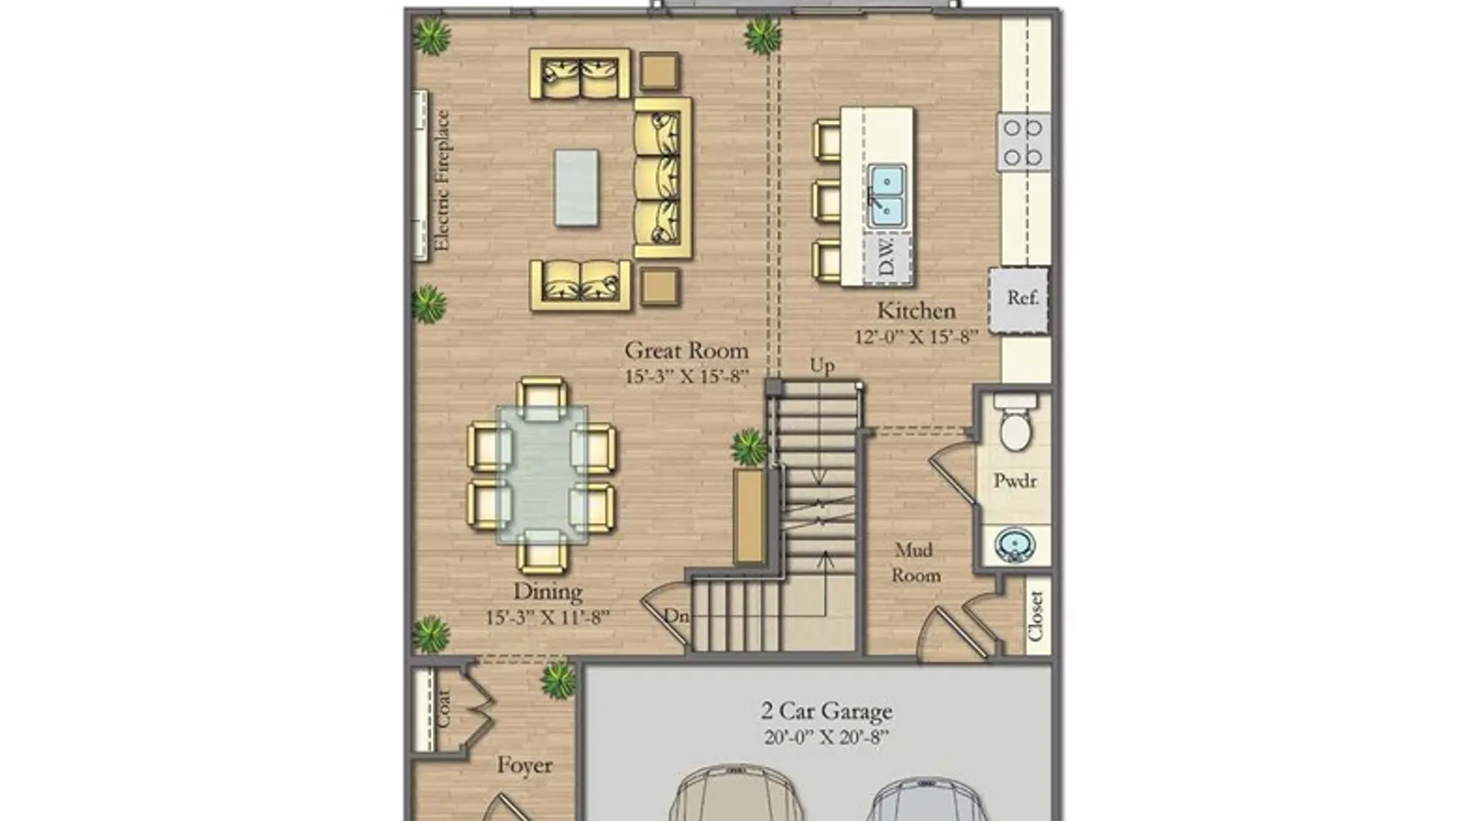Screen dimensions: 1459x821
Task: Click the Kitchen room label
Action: click(916, 311)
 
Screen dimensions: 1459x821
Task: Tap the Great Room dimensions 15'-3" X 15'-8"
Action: click(687, 376)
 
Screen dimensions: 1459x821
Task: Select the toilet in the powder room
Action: click(1015, 423)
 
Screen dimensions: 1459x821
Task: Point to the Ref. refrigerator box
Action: click(1019, 300)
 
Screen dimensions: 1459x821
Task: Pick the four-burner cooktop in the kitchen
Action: click(1024, 141)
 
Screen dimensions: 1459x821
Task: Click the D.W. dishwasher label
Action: click(887, 256)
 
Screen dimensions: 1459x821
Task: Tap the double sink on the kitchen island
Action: click(887, 195)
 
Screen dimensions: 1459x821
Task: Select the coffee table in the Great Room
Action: click(576, 187)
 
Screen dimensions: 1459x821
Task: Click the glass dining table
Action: click(542, 475)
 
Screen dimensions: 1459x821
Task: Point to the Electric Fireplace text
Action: click(441, 180)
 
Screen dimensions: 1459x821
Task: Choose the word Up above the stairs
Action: click(822, 366)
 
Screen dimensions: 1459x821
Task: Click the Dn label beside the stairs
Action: click(676, 615)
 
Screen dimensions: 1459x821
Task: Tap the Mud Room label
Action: click(916, 563)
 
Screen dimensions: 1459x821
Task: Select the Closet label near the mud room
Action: click(1035, 616)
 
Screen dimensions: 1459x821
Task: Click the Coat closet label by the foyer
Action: click(443, 708)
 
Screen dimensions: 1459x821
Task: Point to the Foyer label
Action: click(524, 765)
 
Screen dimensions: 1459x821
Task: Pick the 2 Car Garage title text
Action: click(827, 711)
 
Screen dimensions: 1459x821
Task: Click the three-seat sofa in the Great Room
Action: click(663, 177)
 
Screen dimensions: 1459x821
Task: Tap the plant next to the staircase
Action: click(750, 447)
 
